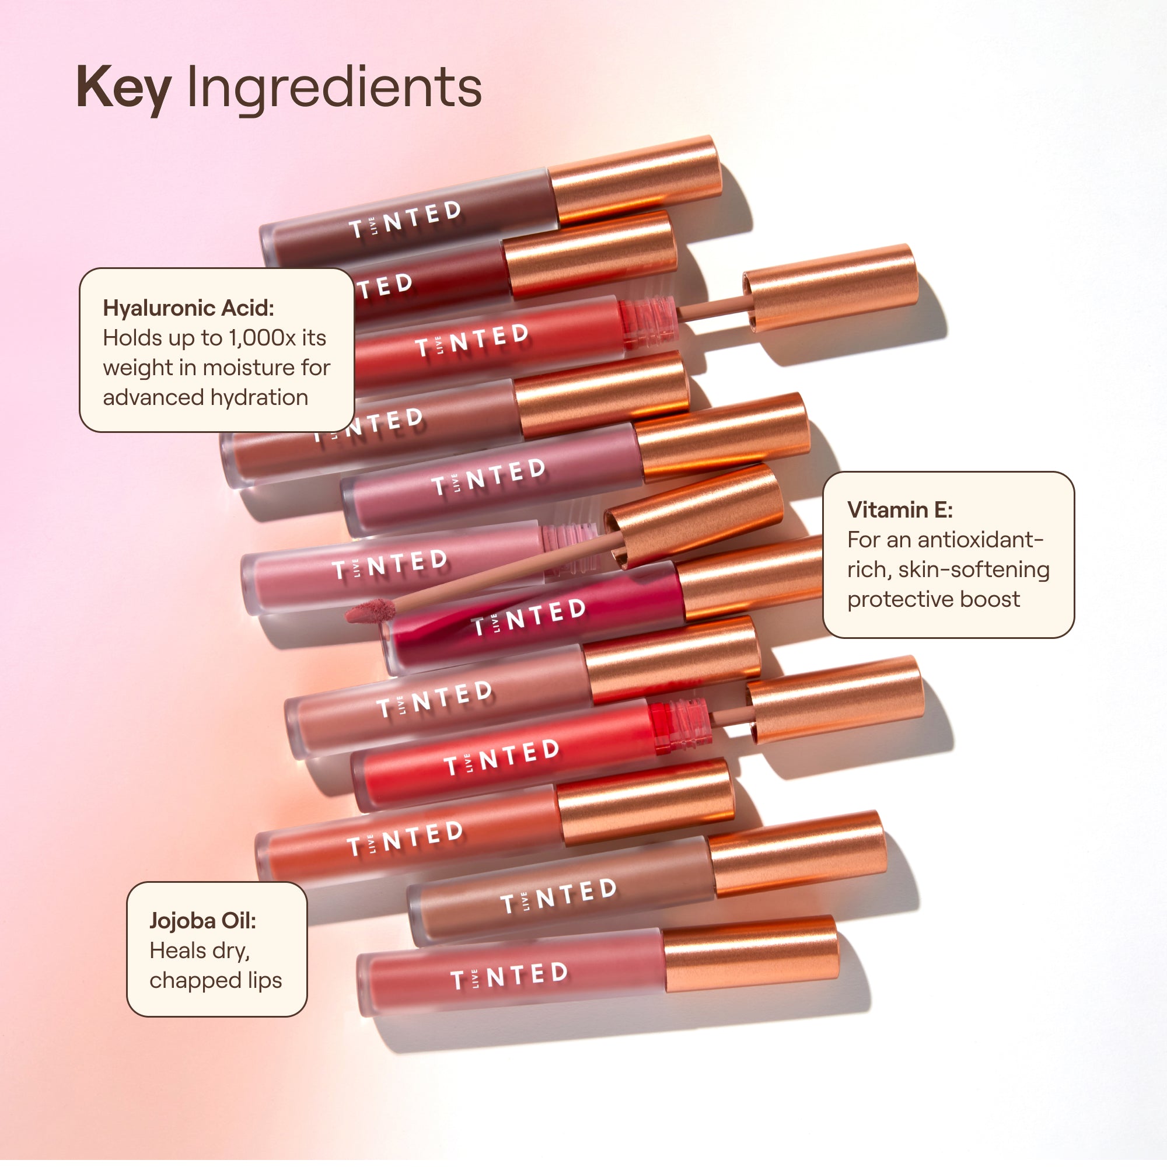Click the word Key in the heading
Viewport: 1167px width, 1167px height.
(124, 88)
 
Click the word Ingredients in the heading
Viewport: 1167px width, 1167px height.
(334, 88)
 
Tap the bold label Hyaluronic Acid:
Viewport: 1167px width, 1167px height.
(188, 308)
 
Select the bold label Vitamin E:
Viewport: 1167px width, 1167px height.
(900, 510)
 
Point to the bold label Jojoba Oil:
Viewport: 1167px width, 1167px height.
(203, 921)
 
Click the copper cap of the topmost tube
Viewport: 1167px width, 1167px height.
(637, 179)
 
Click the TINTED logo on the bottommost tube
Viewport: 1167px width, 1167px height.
(509, 976)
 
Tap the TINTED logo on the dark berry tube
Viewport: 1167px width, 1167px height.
(529, 617)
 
